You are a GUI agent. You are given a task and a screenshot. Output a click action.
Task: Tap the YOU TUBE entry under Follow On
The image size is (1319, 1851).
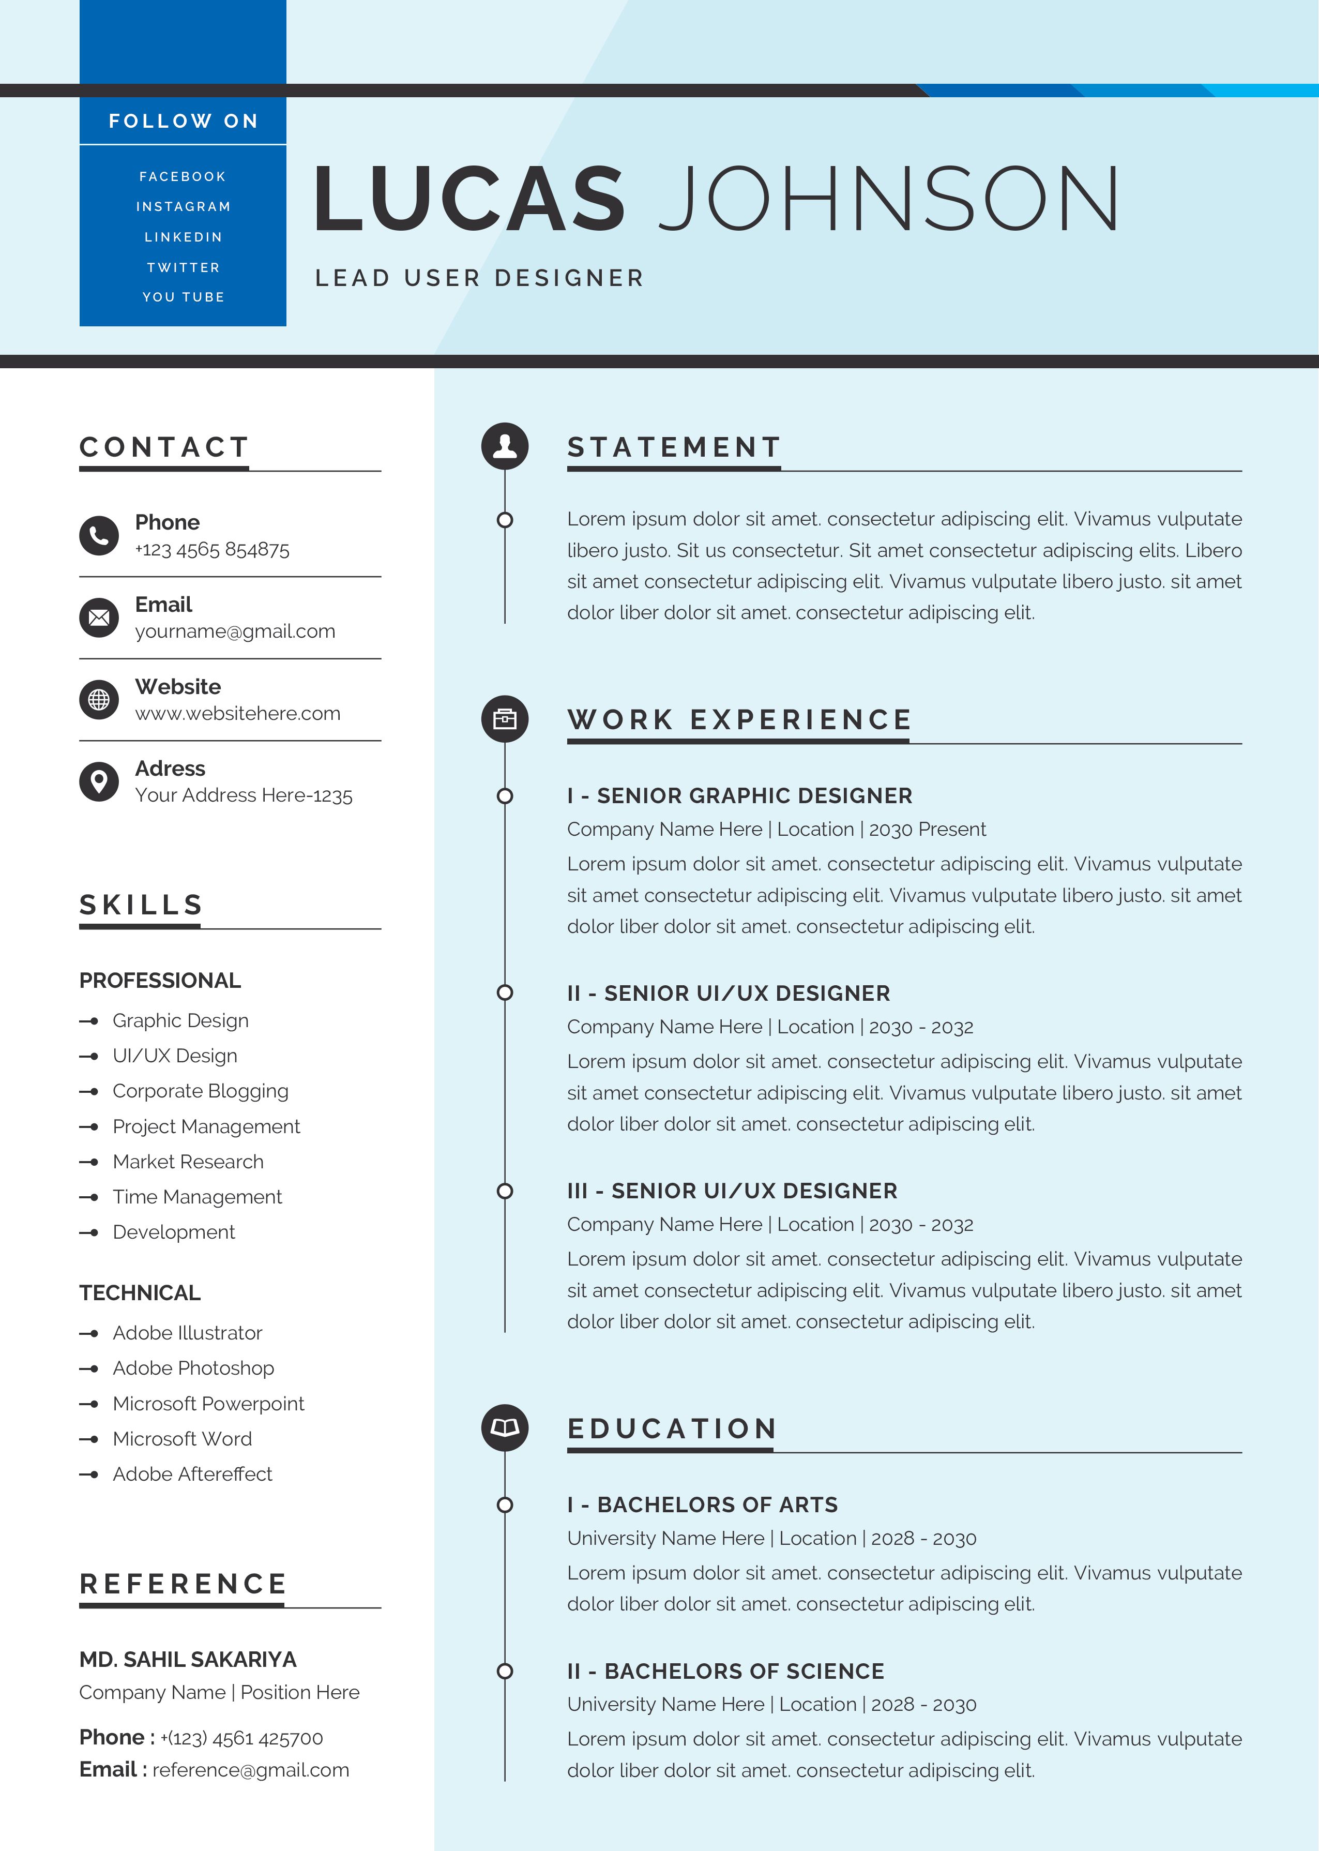click(183, 297)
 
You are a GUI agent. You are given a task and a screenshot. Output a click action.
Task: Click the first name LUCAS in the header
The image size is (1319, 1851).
click(469, 198)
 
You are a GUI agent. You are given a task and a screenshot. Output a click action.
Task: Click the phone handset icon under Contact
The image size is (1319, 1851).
click(99, 535)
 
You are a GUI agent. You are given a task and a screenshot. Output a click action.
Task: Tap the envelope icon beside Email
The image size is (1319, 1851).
click(99, 618)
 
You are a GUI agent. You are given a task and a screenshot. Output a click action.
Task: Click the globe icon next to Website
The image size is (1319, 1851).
click(99, 699)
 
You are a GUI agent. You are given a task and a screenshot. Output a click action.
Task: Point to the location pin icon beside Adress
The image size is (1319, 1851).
click(99, 781)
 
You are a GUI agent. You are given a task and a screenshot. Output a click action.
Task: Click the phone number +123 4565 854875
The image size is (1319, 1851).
click(212, 550)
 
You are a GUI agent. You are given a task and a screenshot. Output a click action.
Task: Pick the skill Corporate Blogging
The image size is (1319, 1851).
click(201, 1091)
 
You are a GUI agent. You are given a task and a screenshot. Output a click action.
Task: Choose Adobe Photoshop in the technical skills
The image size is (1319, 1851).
click(193, 1368)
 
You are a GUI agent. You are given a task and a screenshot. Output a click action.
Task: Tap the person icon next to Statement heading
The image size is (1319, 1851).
click(504, 446)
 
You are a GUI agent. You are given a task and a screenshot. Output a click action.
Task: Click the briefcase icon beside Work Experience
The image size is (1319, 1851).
click(504, 719)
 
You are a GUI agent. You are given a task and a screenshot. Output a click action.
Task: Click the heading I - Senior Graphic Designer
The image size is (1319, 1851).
click(739, 796)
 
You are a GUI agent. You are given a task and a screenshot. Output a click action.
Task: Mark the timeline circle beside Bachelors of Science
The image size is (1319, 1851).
click(504, 1671)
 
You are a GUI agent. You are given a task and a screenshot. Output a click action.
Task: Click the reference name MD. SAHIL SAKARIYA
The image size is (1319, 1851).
click(188, 1659)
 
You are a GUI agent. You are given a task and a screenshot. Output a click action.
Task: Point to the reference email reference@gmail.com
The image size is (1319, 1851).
click(250, 1771)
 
